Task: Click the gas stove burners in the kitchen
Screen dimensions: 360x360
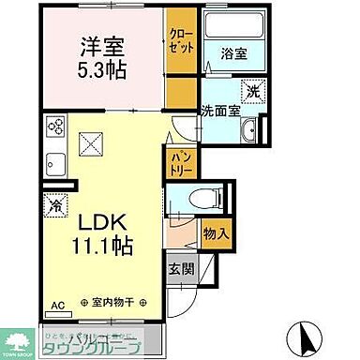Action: (x=55, y=128)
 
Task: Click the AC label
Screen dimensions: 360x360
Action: (x=58, y=305)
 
